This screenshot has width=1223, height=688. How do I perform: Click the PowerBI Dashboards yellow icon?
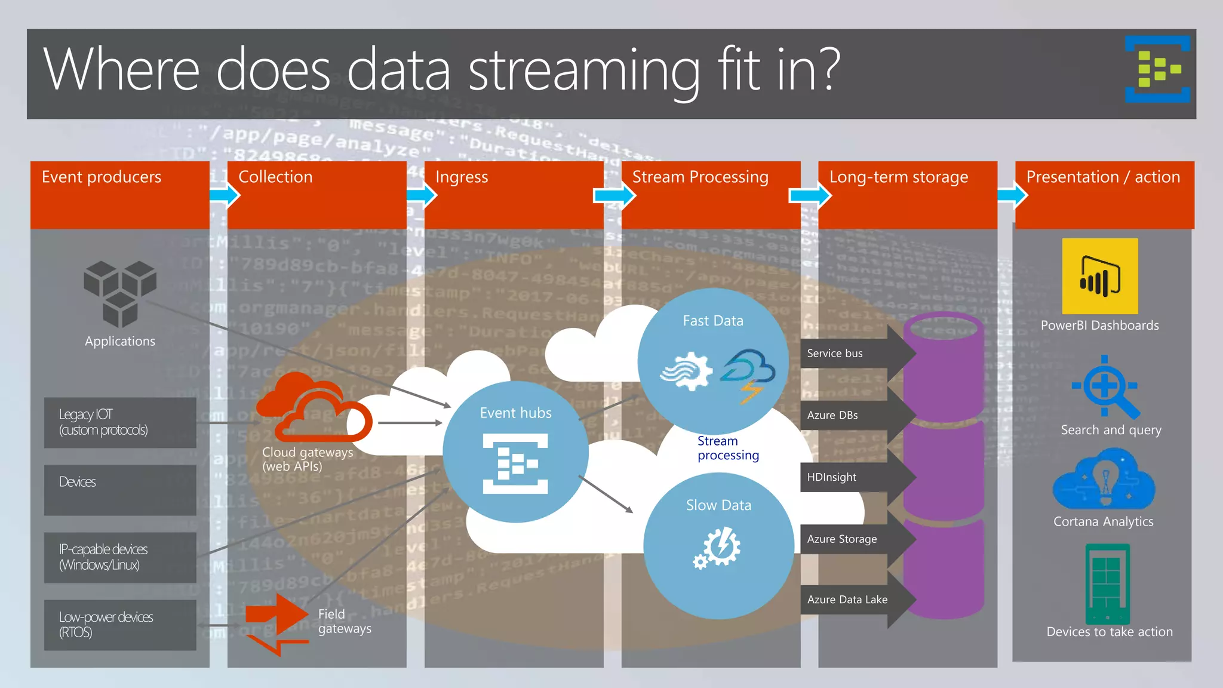pos(1099,276)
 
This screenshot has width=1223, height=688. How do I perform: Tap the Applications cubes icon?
pos(120,293)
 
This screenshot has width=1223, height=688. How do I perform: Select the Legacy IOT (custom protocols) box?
pos(120,422)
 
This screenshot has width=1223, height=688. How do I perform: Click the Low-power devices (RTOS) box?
pos(120,625)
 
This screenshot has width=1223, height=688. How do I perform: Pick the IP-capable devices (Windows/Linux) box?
pos(120,557)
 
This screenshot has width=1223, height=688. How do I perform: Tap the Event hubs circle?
pos(515,451)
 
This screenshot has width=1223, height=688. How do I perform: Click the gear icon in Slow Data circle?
pos(718,547)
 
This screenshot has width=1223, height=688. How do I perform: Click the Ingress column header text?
pos(462,177)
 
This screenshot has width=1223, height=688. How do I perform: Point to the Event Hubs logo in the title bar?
pos(1157,69)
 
